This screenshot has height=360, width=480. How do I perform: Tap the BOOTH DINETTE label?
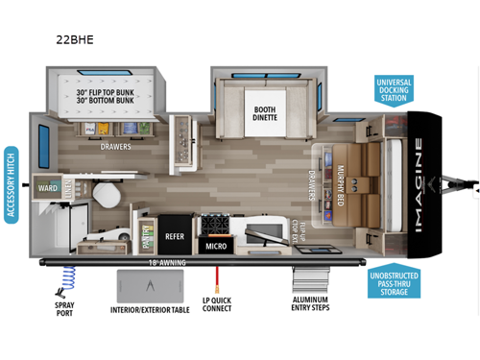(265, 114)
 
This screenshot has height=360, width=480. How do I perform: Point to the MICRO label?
(216, 246)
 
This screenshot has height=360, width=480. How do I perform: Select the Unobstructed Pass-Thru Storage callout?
(396, 282)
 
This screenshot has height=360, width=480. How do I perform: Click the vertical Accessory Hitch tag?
(11, 185)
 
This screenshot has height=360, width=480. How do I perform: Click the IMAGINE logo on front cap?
(419, 181)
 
